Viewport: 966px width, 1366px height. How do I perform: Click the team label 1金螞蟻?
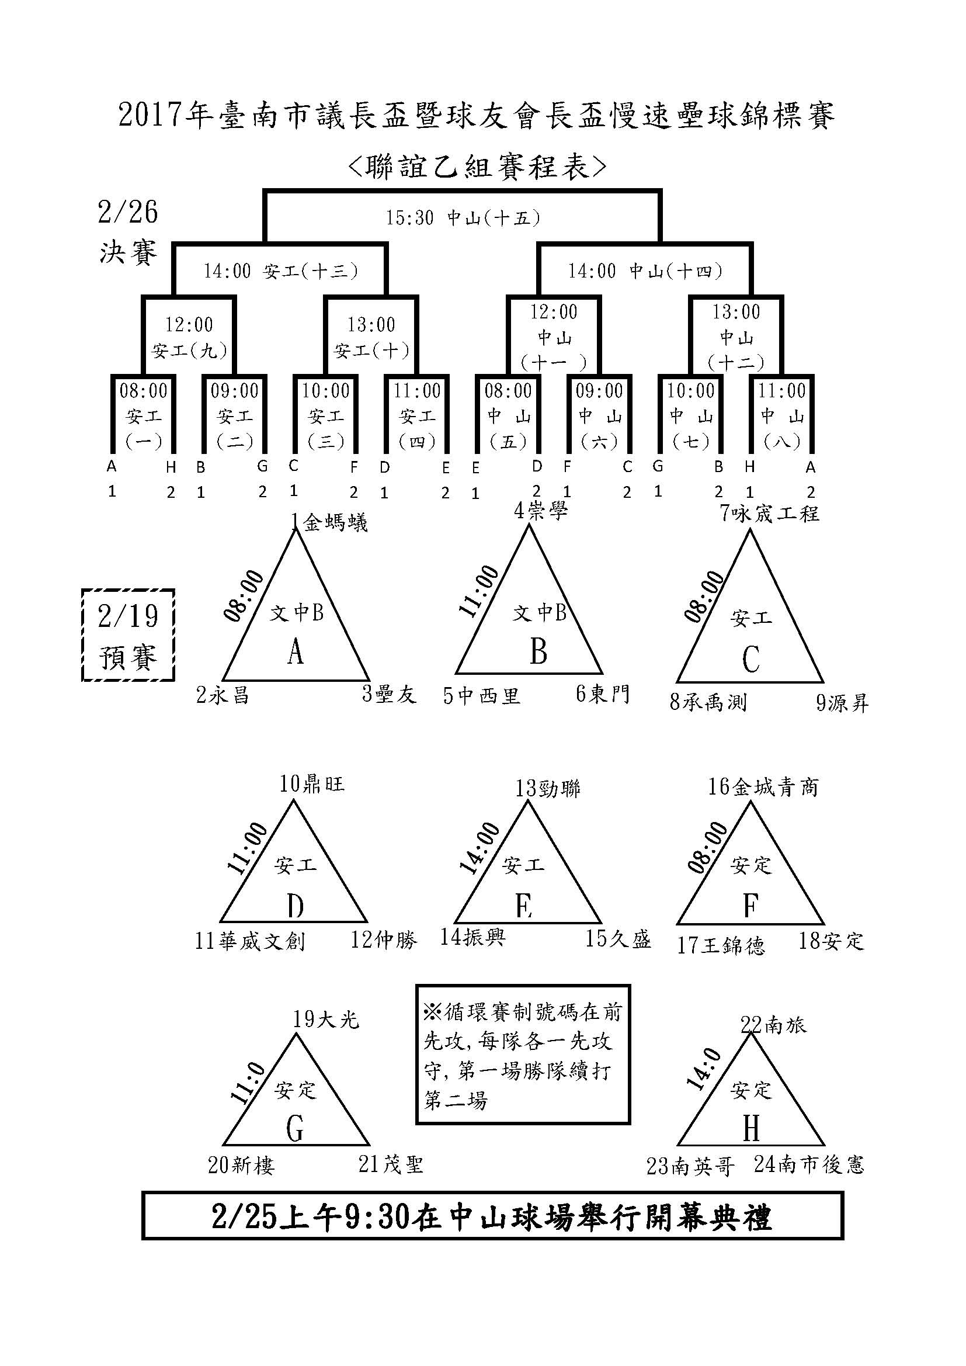[x=329, y=522]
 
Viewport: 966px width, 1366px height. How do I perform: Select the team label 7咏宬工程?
[x=769, y=512]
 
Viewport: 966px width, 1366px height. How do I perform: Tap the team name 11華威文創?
[x=250, y=941]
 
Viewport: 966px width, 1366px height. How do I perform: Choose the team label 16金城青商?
[x=763, y=786]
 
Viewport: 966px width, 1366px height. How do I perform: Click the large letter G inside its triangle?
[x=295, y=1127]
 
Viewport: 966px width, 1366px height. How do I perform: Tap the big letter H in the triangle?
[x=750, y=1127]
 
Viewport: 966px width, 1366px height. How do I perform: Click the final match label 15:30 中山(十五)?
[x=463, y=218]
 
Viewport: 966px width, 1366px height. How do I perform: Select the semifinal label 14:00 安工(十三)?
[x=281, y=271]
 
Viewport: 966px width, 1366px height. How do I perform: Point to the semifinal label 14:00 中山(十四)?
[x=645, y=271]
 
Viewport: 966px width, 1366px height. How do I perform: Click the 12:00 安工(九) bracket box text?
[x=189, y=337]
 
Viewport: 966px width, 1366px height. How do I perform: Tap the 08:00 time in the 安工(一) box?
[x=144, y=391]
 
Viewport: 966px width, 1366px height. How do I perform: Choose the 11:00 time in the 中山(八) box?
[x=781, y=391]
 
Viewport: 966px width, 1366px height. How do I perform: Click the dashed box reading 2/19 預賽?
[x=128, y=635]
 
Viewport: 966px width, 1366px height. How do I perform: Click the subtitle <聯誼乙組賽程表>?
[x=477, y=167]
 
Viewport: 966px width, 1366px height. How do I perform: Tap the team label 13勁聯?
[x=547, y=788]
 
